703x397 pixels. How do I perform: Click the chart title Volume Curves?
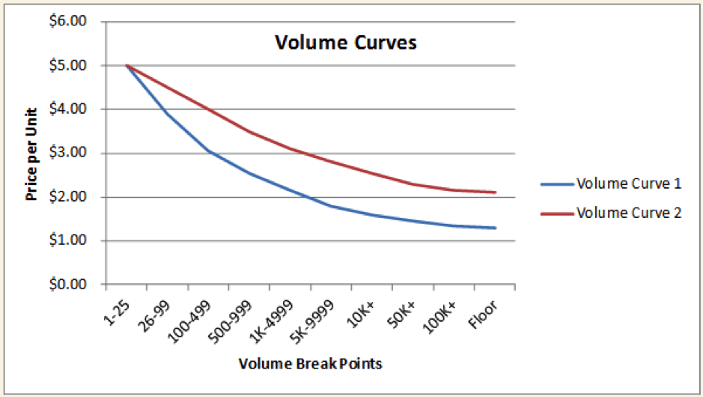pos(346,43)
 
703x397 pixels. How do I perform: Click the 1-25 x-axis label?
pos(120,308)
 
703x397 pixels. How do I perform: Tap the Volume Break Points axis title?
pos(311,364)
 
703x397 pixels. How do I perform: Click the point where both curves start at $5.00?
pos(127,65)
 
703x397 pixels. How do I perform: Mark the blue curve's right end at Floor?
pos(496,228)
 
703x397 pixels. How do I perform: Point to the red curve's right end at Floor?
pos(496,193)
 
